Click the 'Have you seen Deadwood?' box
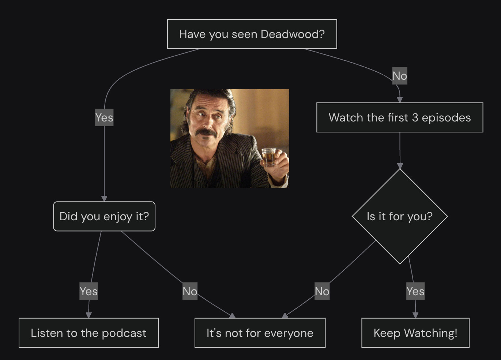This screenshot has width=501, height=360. [252, 34]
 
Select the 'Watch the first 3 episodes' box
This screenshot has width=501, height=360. [399, 117]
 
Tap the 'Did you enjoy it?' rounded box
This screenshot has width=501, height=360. [104, 216]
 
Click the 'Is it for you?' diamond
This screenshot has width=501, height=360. [400, 216]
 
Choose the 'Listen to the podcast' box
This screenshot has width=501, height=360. [88, 333]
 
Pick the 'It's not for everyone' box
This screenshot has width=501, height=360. [260, 333]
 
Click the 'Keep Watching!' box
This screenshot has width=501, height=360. [415, 333]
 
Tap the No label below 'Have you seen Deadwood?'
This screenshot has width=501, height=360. [400, 76]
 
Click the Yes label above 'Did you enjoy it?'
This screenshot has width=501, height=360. [104, 117]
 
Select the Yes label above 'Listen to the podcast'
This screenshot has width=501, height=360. [88, 291]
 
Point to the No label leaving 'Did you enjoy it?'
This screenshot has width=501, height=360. [190, 291]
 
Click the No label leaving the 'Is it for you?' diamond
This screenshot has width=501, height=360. [322, 291]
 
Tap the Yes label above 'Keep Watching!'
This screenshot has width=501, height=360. [415, 291]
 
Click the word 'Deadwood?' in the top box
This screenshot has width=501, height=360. [293, 34]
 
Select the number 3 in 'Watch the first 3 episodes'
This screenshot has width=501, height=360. [415, 117]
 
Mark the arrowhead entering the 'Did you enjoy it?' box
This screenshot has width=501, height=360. [104, 198]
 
